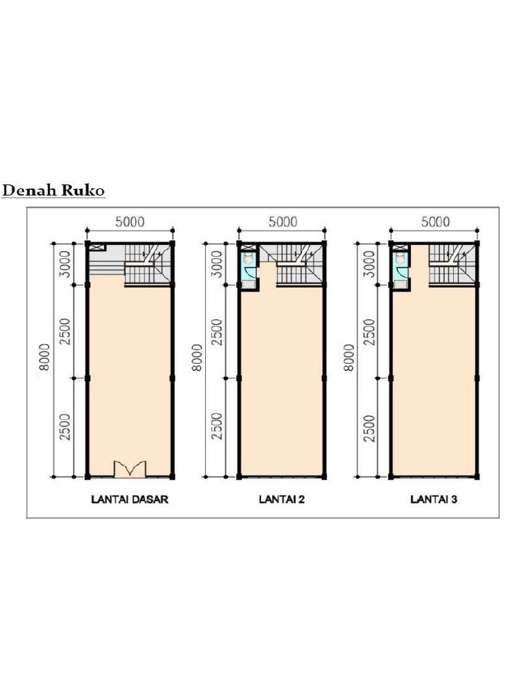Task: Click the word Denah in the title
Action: pyautogui.click(x=29, y=190)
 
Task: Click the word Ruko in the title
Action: pyautogui.click(x=83, y=190)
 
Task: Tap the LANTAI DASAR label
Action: pyautogui.click(x=130, y=499)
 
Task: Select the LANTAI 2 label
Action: pyautogui.click(x=282, y=499)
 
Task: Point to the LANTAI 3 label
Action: pyautogui.click(x=434, y=499)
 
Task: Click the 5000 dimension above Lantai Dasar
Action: pyautogui.click(x=130, y=222)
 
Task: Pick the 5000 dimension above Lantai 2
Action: pyautogui.click(x=282, y=222)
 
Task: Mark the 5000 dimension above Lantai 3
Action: pyautogui.click(x=435, y=222)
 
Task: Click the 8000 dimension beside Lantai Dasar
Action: pyautogui.click(x=44, y=357)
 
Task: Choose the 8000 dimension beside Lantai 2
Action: pyautogui.click(x=197, y=357)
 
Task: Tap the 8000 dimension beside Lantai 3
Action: pyautogui.click(x=349, y=357)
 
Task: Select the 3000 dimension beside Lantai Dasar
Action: pyautogui.click(x=66, y=264)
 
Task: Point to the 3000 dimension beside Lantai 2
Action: pyautogui.click(x=217, y=264)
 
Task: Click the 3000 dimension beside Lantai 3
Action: pyautogui.click(x=369, y=264)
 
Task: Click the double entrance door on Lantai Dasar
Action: pyautogui.click(x=130, y=470)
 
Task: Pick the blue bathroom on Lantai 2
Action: pyautogui.click(x=249, y=268)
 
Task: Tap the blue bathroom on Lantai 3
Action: pyautogui.click(x=401, y=268)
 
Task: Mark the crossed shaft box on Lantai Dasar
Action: pyautogui.click(x=97, y=247)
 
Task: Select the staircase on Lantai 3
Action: pyautogui.click(x=451, y=265)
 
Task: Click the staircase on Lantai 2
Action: pyautogui.click(x=299, y=265)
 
